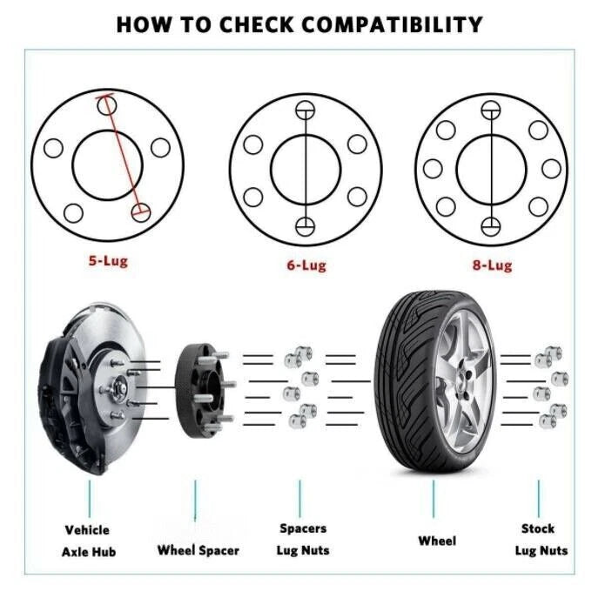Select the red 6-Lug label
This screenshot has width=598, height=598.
pos(306,265)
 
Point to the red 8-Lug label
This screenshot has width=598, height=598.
pos(492,265)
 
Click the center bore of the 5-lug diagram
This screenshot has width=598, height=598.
pos(106,162)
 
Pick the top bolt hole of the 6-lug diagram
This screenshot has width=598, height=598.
pos(304,110)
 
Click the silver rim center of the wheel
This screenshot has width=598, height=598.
pos(460,381)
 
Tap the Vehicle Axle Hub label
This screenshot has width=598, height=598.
pos(87,541)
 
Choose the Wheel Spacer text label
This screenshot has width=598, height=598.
pos(198,550)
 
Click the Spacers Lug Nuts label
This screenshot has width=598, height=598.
pos(301,539)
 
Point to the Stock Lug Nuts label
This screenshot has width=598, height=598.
pos(541,539)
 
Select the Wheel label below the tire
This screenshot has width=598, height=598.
pos(436,541)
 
